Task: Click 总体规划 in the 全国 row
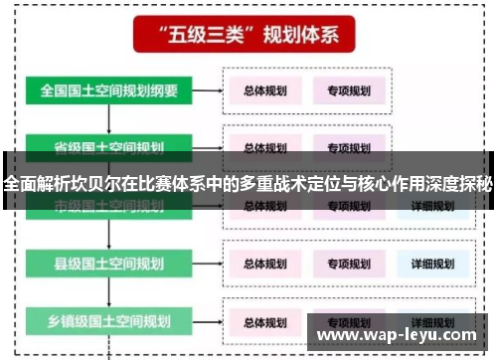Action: click(x=265, y=90)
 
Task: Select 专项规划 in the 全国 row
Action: click(x=349, y=90)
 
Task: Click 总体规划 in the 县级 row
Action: click(x=265, y=264)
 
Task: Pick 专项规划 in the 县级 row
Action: click(x=349, y=264)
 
